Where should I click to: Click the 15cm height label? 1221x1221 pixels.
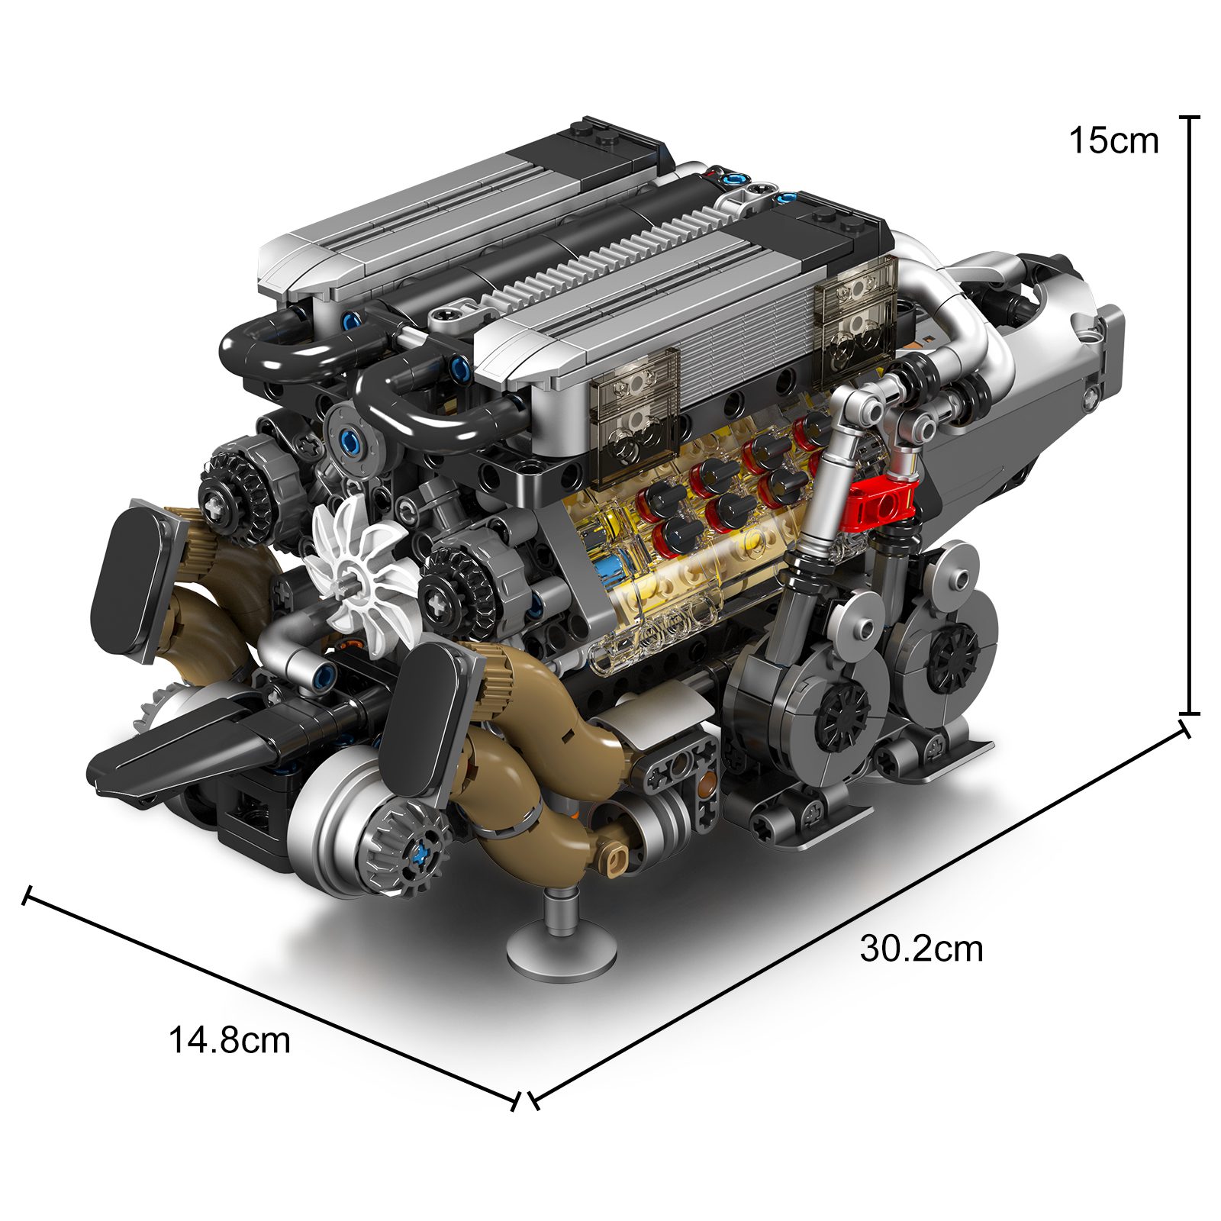pos(1113,141)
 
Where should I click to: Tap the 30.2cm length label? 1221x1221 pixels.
pos(922,949)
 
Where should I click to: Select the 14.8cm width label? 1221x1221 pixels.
pos(229,1040)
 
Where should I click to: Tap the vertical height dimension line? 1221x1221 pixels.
pos(1190,415)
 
